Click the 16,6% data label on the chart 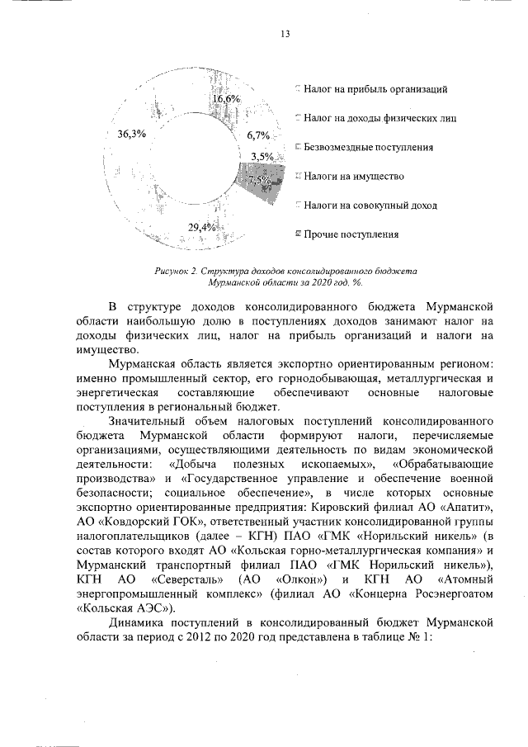pos(226,99)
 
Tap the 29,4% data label pos(202,227)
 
